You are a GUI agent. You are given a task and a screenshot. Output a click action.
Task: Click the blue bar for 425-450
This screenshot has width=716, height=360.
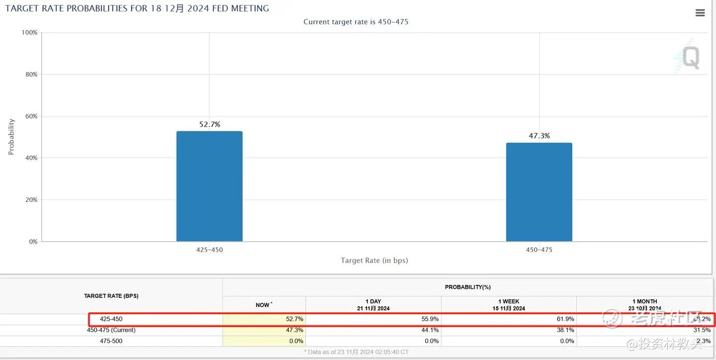209,186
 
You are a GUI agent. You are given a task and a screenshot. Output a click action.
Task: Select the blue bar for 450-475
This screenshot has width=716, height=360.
539,192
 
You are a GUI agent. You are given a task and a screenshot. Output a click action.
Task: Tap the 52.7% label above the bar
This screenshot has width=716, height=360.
209,124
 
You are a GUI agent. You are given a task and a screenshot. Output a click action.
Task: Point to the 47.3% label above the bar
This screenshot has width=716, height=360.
539,136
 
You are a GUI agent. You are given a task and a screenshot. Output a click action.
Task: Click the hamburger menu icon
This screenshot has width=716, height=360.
700,13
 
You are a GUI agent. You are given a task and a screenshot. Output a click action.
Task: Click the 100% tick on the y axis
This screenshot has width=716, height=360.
29,32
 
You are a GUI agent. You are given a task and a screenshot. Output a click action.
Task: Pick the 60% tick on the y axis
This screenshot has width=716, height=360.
31,116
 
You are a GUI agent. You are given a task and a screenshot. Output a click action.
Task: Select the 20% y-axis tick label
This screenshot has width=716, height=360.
31,199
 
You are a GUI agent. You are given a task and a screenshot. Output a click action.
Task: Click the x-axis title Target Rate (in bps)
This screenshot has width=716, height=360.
374,261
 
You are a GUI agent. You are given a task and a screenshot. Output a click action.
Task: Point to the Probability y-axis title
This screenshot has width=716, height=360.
11,137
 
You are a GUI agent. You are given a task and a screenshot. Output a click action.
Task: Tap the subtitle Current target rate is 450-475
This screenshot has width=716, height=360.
356,22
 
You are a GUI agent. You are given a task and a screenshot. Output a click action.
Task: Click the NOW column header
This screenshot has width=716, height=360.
264,305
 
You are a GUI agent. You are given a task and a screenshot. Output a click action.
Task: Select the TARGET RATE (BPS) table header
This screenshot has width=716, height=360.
111,296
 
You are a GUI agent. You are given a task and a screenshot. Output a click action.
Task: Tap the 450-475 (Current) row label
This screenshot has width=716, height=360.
111,330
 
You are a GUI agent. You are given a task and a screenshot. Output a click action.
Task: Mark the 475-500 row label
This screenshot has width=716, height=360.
111,341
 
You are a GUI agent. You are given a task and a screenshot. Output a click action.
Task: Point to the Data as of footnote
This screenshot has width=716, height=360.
356,352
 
